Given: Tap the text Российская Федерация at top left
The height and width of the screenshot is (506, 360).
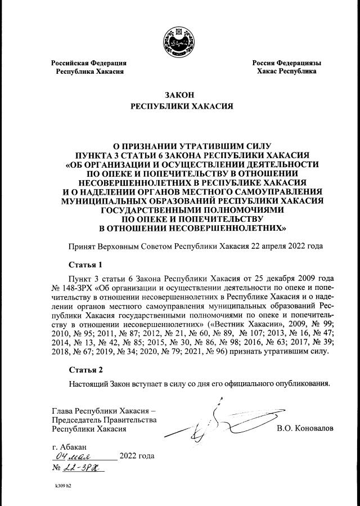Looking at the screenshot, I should pos(88,63).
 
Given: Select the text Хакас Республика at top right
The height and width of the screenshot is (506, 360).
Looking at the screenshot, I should pos(286,71).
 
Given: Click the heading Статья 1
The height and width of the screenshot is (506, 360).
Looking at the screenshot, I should pos(85,264).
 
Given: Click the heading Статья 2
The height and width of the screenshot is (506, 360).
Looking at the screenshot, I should pos(85,370).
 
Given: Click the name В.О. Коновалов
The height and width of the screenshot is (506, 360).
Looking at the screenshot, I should pos(305,429).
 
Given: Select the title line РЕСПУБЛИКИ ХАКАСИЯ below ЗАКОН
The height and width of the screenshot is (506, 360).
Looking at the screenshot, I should pos(179,106).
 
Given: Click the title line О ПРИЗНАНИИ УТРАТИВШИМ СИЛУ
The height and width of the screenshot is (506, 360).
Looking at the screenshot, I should pos(180,146).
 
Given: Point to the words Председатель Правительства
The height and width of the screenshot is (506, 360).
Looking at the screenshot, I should pos(103,419).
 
